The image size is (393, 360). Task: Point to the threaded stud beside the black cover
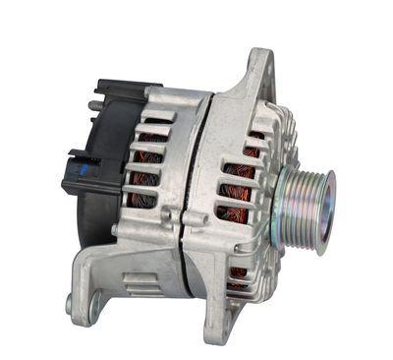coord(94,105)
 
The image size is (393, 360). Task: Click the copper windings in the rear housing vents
coord(147,172)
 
